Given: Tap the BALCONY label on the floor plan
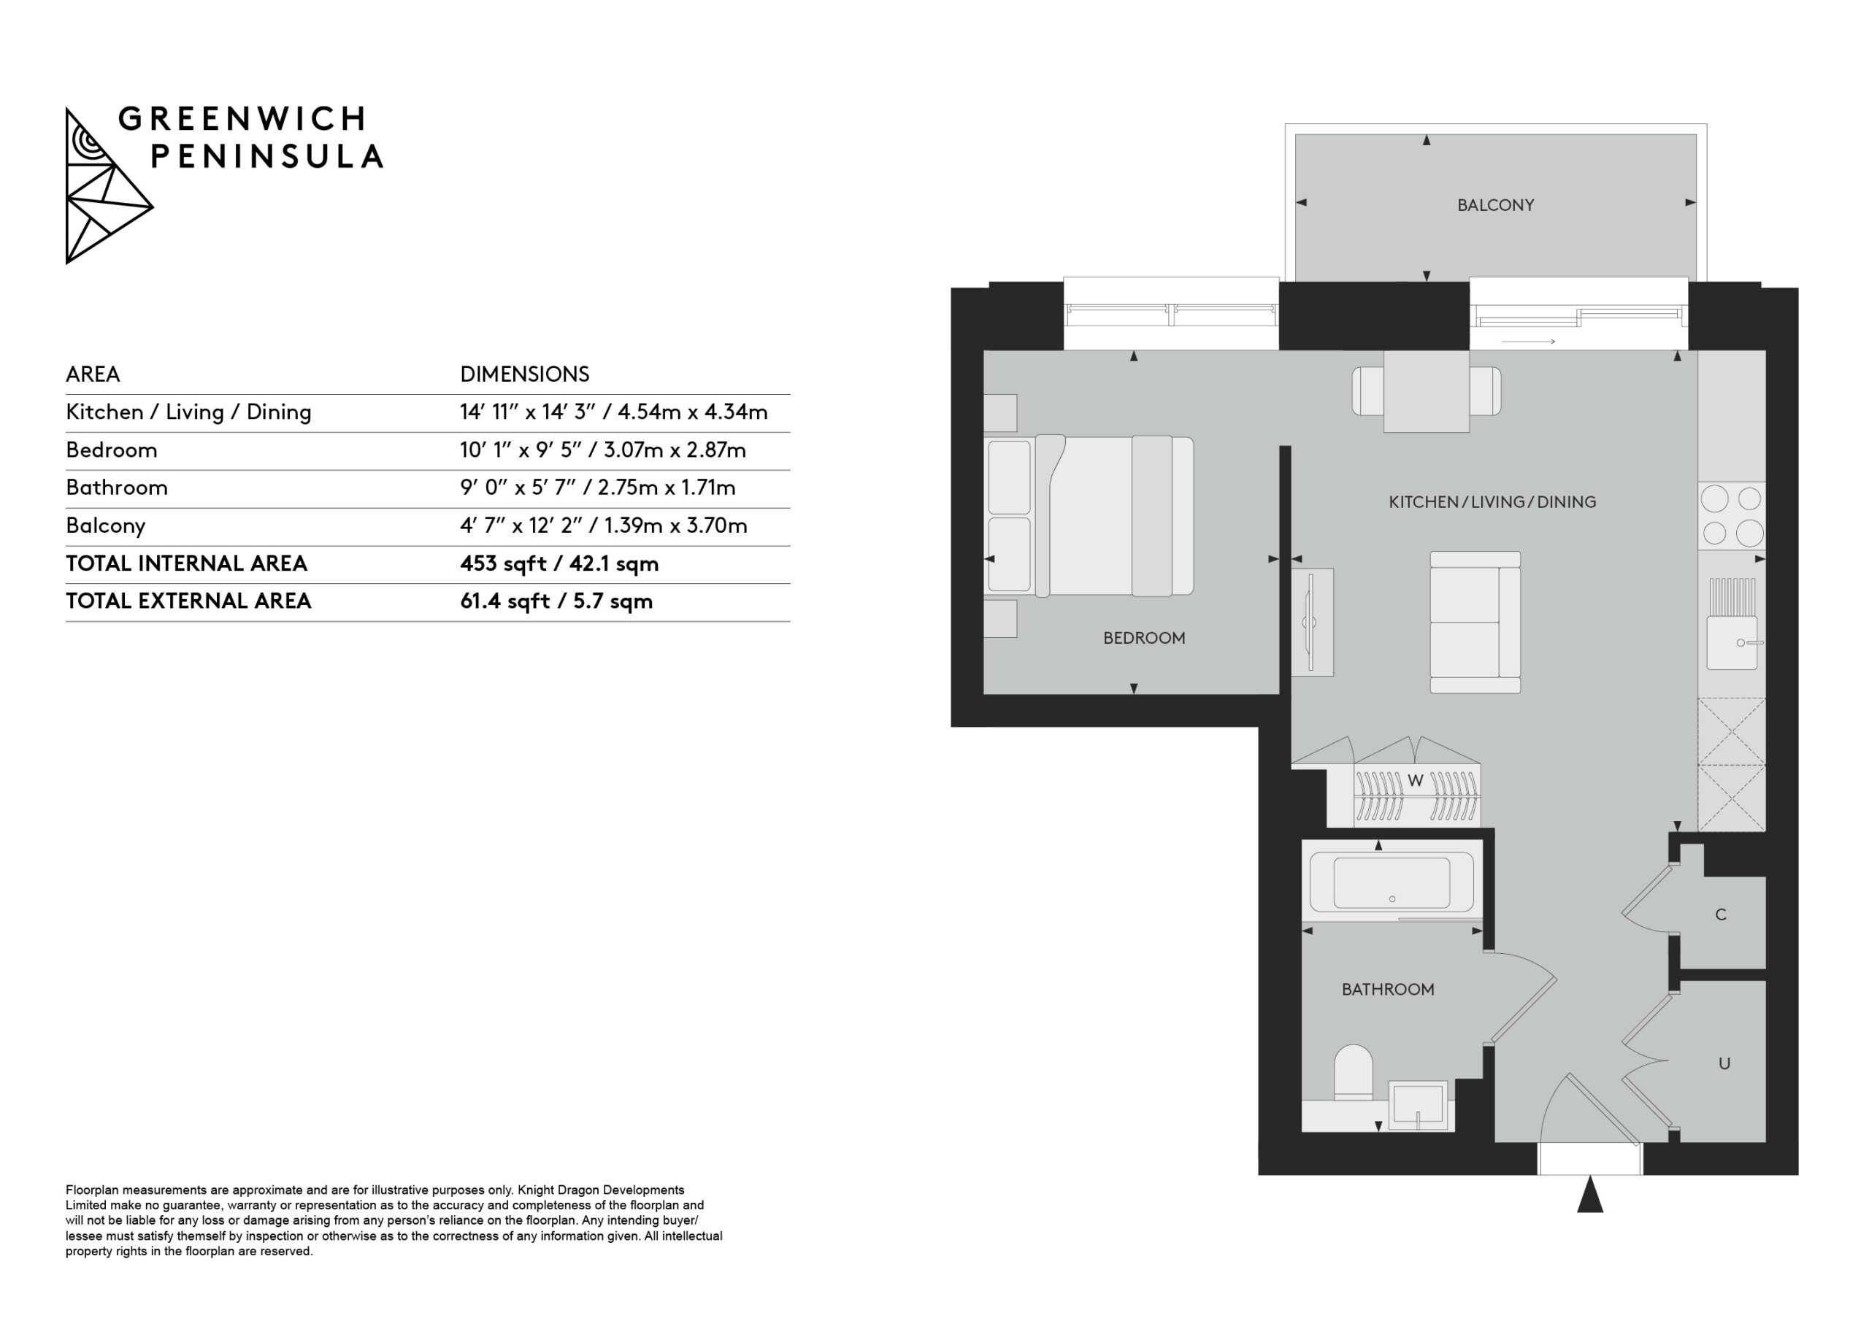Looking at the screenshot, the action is pos(1495,205).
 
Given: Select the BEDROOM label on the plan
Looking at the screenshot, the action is pos(1144,638).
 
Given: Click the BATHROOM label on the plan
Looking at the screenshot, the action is pos(1388,990).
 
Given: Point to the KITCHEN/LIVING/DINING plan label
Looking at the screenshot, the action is pos(1492,502).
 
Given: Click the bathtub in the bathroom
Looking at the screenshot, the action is pos(1392,884).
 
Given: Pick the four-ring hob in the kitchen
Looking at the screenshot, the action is pos(1732,515).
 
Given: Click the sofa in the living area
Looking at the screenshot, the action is pos(1475,623).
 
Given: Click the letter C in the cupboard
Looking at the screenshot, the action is pos(1721,915).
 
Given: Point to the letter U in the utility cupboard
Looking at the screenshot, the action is pos(1724,1064).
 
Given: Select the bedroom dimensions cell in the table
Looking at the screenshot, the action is pos(602,450).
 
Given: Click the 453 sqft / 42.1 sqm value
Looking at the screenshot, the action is pos(559,564).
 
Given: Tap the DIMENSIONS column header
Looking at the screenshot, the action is pos(524,374).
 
